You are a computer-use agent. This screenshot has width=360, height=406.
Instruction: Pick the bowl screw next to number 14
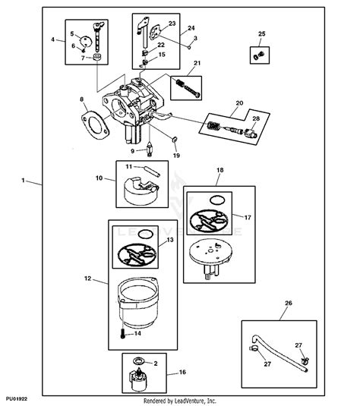coord(121,331)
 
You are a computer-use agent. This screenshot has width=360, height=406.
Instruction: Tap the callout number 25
coord(261,34)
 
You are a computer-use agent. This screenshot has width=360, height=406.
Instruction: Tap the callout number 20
coord(239,102)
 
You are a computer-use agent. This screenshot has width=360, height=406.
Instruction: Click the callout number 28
coord(255,118)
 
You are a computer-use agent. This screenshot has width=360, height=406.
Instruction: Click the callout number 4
coord(53,39)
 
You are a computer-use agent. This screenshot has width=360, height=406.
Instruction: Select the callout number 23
coord(172,24)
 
